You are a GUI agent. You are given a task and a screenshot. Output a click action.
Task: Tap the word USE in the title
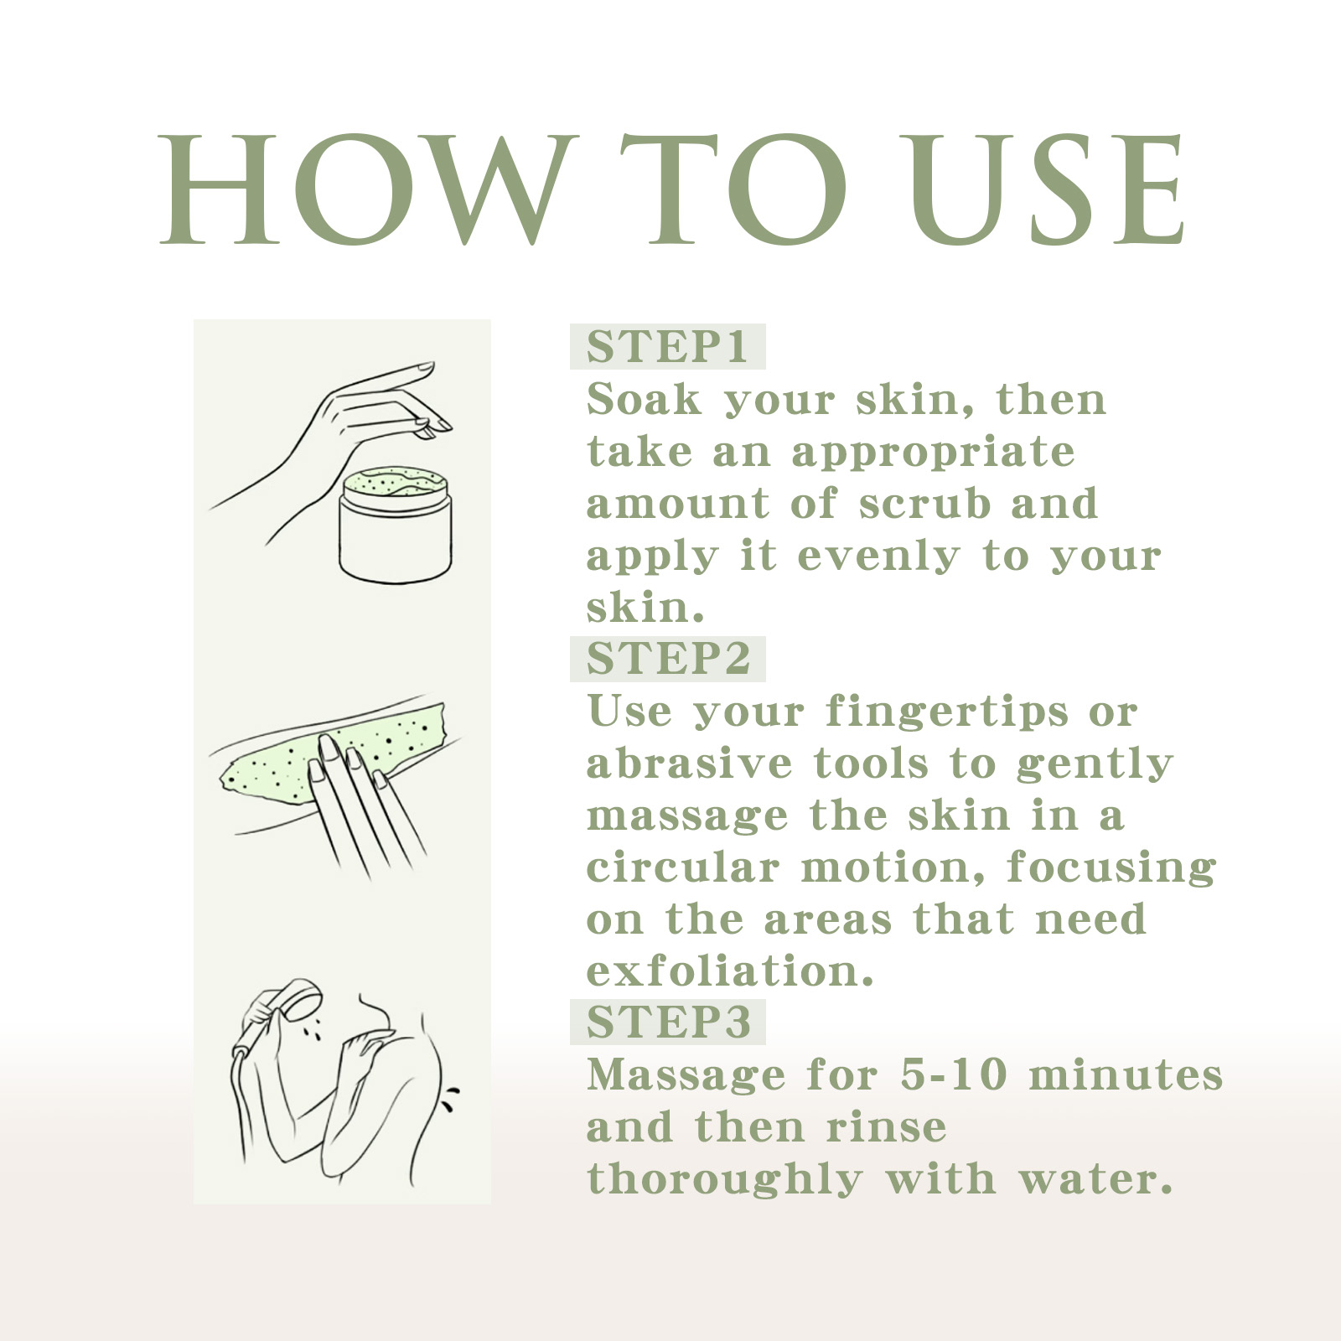(x=1048, y=191)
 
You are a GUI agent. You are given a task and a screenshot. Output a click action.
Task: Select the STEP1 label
(x=667, y=346)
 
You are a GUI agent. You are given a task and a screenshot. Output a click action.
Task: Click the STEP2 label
(x=667, y=659)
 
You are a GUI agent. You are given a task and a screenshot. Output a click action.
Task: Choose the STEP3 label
(x=667, y=1022)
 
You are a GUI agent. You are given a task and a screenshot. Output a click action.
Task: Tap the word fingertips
(x=947, y=712)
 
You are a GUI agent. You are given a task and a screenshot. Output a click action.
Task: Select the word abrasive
(x=689, y=764)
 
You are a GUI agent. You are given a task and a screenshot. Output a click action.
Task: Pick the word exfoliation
(x=729, y=971)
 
